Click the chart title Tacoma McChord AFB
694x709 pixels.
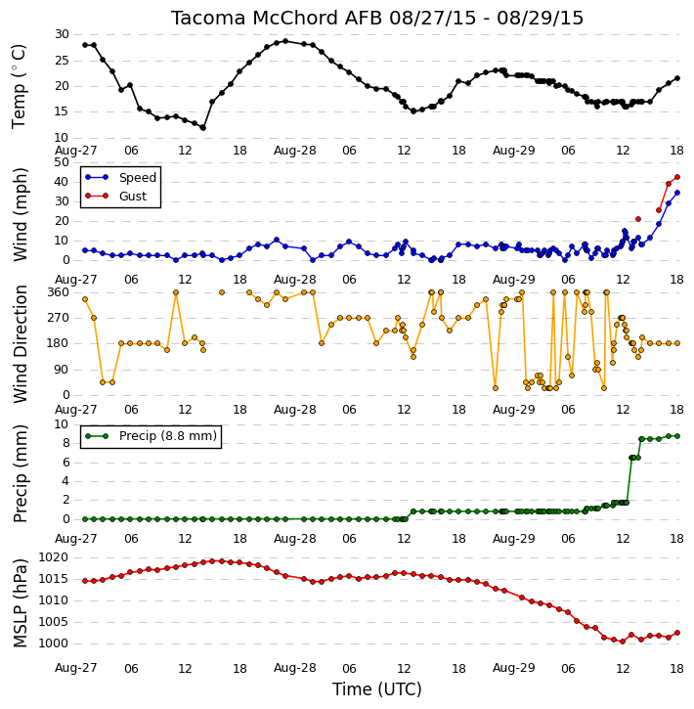[278, 18]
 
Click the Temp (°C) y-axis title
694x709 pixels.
[19, 86]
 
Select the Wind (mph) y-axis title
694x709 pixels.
[20, 215]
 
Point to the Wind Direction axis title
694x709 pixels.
[20, 344]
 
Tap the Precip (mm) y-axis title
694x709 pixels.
[20, 473]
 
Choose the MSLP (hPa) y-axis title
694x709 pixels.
[20, 603]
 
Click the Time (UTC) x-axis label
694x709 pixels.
[377, 689]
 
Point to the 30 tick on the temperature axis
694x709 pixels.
[62, 34]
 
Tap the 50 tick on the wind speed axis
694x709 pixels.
[62, 162]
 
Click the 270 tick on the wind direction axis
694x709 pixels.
[59, 318]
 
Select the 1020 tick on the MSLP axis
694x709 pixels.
[54, 557]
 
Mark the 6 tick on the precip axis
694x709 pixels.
[65, 463]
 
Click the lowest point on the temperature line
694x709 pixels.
[203, 128]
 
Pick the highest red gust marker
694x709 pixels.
[677, 177]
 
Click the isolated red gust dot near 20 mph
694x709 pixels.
[638, 219]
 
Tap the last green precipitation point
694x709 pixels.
[677, 436]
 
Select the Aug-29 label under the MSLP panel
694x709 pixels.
[514, 668]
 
